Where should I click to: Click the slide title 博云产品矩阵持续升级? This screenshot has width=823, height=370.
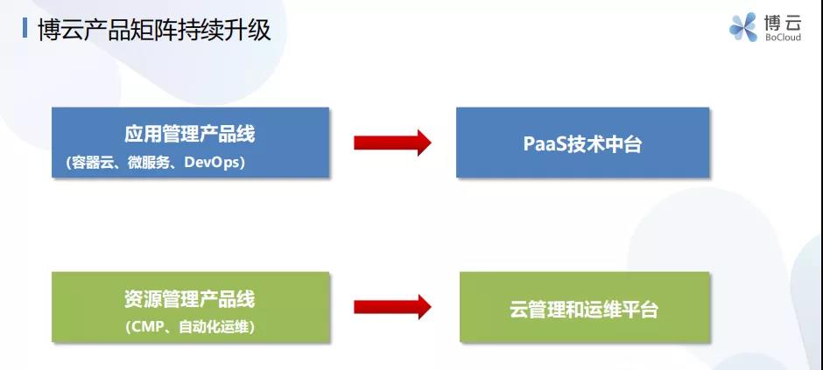(x=154, y=30)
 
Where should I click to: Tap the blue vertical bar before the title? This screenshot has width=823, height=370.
(x=25, y=28)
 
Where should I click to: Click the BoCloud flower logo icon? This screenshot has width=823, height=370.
(x=743, y=27)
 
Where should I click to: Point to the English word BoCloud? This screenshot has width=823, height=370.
(x=783, y=38)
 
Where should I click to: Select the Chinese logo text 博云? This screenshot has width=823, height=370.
(x=783, y=22)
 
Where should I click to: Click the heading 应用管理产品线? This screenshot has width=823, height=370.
(x=189, y=134)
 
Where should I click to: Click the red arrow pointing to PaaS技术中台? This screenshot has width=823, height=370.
(x=392, y=143)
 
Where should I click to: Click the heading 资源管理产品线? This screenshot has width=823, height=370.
(x=189, y=299)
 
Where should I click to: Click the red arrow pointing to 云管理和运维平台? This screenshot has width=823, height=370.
(x=392, y=307)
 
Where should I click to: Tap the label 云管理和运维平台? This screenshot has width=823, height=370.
(x=584, y=309)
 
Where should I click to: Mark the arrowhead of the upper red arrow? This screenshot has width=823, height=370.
(x=423, y=143)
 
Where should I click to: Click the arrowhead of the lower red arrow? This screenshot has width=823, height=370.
(x=423, y=307)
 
